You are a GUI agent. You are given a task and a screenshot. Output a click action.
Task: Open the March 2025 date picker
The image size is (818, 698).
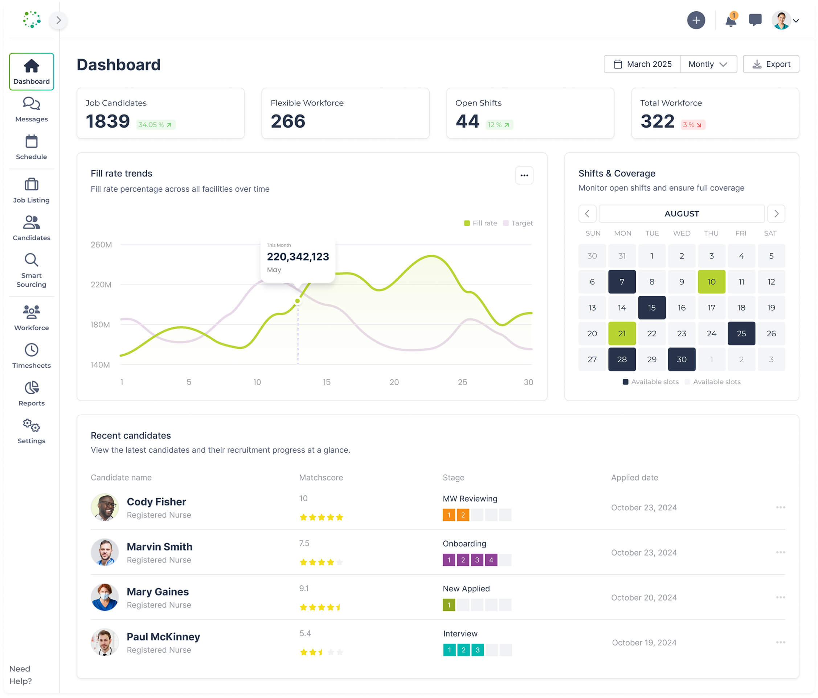tap(642, 64)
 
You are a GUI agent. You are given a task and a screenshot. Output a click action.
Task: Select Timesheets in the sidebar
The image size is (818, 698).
tap(32, 355)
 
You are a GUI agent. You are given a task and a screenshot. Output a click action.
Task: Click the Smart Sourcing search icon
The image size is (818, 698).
tap(32, 260)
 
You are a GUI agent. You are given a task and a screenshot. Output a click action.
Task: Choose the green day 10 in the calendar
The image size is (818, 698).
tap(711, 282)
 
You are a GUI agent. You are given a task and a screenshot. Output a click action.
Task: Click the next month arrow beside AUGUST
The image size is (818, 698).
tap(776, 214)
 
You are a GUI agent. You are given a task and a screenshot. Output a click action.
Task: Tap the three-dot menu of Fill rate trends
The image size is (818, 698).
tap(524, 175)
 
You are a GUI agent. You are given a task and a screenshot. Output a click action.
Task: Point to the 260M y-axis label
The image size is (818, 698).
tap(101, 245)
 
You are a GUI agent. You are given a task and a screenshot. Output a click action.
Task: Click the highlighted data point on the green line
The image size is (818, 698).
tap(298, 301)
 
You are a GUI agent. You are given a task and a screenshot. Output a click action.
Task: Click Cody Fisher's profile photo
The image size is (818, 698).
tap(105, 507)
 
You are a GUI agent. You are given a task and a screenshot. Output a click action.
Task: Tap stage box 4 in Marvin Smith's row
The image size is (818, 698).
tap(491, 560)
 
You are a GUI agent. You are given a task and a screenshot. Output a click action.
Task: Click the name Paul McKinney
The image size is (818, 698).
tap(163, 636)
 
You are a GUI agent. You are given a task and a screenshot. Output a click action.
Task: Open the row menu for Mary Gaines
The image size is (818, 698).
tap(780, 598)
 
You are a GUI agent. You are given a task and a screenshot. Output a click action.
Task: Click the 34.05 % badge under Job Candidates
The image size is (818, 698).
tap(156, 125)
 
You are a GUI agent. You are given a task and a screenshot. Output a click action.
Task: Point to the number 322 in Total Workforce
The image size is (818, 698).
tap(657, 121)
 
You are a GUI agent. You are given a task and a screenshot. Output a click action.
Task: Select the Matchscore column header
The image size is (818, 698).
tap(321, 478)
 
